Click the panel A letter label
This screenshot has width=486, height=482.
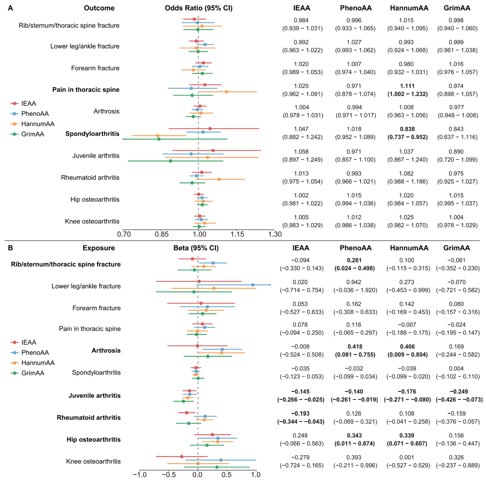[x=10, y=8]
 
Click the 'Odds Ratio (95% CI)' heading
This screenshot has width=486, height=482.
[x=198, y=8]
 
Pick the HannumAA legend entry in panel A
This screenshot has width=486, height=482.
[x=33, y=124]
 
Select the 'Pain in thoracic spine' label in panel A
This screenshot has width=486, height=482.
[x=86, y=90]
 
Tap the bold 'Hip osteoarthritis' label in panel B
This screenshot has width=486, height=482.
[x=94, y=439]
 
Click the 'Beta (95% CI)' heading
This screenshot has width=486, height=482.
[x=196, y=248]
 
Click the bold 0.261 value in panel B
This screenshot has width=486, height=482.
[x=354, y=260]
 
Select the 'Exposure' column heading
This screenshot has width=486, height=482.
[x=99, y=248]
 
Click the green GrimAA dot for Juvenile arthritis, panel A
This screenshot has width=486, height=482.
[x=171, y=161]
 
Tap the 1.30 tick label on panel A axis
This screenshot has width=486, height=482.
[x=275, y=234]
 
